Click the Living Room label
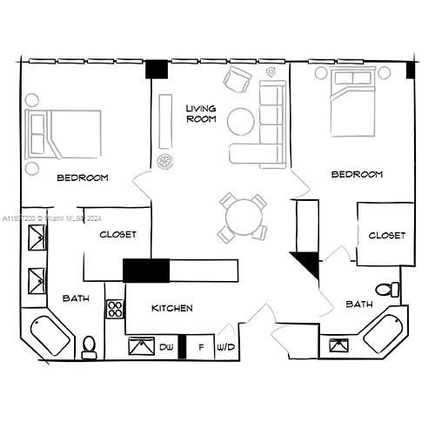[200, 114]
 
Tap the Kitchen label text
[172, 308]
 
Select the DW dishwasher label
[165, 347]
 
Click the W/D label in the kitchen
[226, 347]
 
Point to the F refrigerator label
[201, 347]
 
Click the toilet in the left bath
[88, 347]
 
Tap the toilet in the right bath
[385, 289]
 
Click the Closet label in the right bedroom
[386, 236]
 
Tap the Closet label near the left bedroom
[118, 234]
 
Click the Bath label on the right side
[359, 304]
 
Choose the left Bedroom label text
[83, 177]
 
